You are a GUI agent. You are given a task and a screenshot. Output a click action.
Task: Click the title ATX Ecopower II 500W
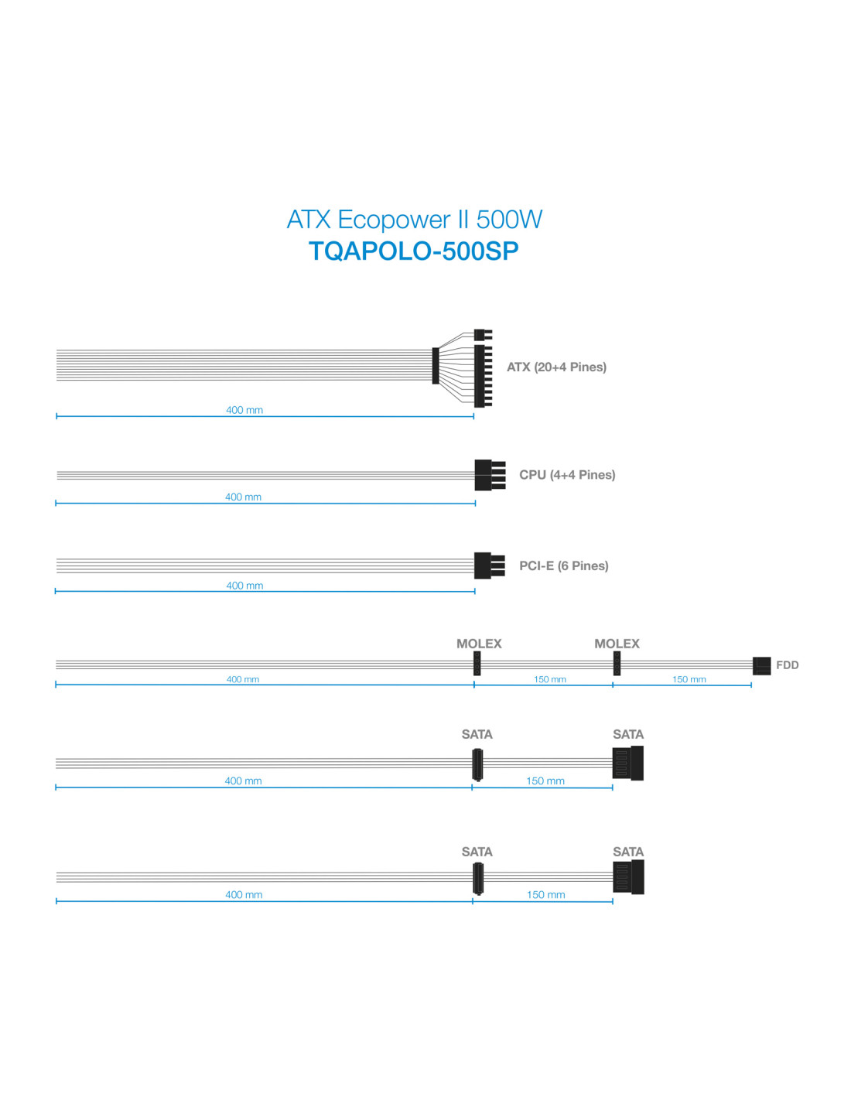point(414,219)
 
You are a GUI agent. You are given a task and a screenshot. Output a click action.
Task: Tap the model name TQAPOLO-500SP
point(414,251)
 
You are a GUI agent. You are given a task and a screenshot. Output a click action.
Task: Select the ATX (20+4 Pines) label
point(556,367)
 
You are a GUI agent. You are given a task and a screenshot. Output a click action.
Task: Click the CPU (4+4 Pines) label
point(567,475)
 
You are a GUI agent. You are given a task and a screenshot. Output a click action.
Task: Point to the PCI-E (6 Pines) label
point(563,566)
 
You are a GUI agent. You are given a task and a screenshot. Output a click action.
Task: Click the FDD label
point(788,665)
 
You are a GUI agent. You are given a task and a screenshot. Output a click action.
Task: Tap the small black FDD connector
point(761,666)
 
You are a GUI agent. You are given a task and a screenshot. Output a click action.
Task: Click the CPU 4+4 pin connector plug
point(490,475)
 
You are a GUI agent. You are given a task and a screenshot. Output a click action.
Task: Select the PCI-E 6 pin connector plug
point(489,565)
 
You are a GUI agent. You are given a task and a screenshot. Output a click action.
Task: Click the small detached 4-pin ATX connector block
point(483,335)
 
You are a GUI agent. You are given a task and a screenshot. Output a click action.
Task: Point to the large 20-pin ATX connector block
point(483,376)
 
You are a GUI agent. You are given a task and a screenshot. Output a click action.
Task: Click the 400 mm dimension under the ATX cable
point(244,410)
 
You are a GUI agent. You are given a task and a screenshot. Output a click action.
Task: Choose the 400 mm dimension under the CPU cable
point(243,497)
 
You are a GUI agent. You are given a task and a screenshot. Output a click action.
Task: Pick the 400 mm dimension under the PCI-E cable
point(244,586)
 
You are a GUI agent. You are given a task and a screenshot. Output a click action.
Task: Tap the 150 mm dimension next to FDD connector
point(689,679)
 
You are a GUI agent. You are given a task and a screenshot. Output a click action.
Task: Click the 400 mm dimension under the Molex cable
point(242,679)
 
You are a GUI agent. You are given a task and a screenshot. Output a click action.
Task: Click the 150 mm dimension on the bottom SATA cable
point(545,894)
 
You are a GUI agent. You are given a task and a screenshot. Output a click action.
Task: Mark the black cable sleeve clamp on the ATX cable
point(436,365)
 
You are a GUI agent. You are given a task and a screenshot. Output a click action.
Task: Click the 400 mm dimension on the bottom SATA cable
point(244,894)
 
